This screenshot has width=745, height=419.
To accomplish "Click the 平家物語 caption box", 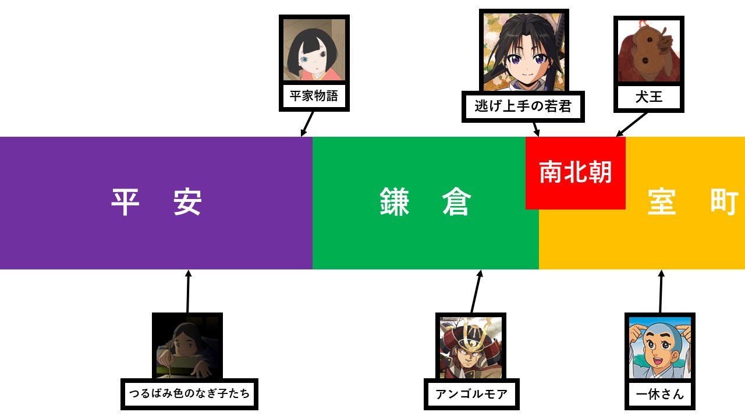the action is click(314, 96).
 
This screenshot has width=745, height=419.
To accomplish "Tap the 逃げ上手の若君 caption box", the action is click(523, 106).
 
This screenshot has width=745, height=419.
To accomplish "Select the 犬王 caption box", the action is click(648, 97).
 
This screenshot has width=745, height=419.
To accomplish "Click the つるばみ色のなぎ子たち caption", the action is click(189, 394).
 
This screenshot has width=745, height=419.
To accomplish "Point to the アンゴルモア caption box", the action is click(471, 395).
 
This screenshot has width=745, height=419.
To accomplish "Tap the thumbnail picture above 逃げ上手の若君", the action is click(524, 52).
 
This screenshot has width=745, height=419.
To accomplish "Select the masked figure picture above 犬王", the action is click(648, 50).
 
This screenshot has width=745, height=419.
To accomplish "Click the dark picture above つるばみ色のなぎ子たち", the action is click(187, 347).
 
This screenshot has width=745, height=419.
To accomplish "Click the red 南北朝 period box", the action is click(575, 173).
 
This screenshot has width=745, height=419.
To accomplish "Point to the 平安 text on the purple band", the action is click(156, 203).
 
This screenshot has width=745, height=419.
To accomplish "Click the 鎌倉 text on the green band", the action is click(425, 203).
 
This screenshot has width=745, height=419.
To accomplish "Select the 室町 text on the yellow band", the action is click(693, 203).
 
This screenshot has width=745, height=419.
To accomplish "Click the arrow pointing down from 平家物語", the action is click(307, 124).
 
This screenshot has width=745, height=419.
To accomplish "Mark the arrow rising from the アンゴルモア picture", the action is click(476, 292).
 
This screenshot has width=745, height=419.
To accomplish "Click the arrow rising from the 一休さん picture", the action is click(661, 292).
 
